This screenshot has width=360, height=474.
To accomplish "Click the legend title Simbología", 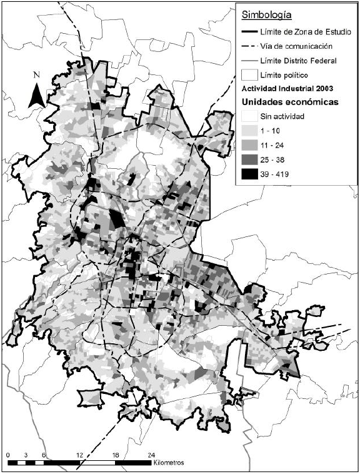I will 266,14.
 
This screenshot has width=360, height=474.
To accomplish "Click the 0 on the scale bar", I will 7,455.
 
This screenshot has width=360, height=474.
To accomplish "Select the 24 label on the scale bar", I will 151,455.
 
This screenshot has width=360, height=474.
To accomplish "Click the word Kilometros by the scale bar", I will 171,465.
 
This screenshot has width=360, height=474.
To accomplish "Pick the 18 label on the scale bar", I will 115,455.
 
